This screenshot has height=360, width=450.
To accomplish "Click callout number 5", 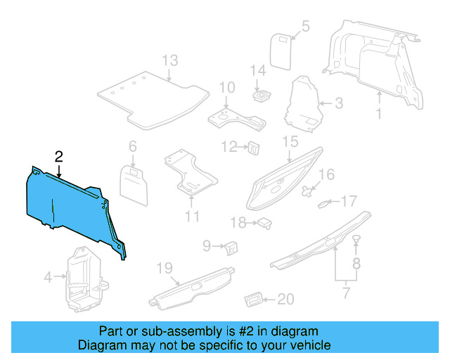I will [305, 27].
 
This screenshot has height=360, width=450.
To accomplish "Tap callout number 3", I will [338, 104].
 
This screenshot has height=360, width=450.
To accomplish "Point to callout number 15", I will [290, 143].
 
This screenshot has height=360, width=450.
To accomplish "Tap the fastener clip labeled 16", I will [309, 190].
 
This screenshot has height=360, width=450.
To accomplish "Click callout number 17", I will [349, 202].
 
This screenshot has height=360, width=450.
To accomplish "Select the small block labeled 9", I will [231, 247].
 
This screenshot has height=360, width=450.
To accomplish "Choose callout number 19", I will [164, 268].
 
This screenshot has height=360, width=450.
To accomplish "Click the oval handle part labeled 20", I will [253, 300].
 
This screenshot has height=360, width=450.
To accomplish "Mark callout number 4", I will [48, 278].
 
